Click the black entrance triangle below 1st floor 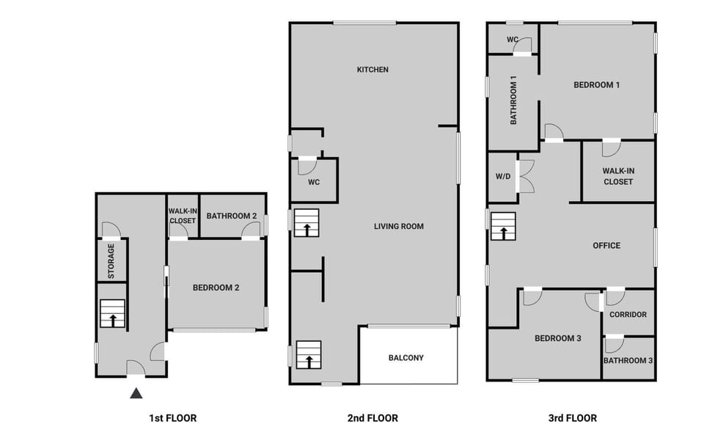coord(136,394)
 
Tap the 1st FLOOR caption coord(172,418)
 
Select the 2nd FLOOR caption coord(373,418)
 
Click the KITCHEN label coord(373,70)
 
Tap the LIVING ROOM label coord(399,226)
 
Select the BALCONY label coord(406,358)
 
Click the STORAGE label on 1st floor coord(111,260)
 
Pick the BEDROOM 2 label coord(216,288)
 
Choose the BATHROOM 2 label coord(231,216)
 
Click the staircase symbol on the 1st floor coord(113,314)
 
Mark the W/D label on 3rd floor coord(502,176)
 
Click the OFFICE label coord(606,246)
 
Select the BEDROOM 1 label coord(596,85)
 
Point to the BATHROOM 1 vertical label coord(514,100)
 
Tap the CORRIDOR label coord(628,315)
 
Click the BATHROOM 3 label coord(628,360)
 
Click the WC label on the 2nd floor coord(313,181)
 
